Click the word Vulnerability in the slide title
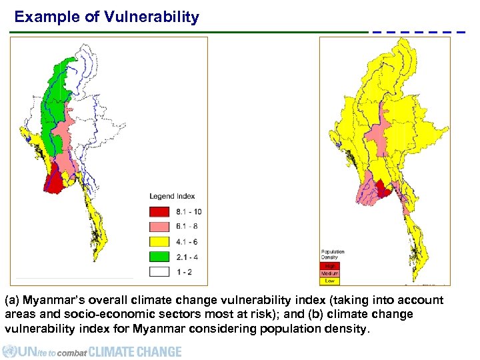pyautogui.click(x=151, y=17)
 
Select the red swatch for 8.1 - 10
pyautogui.click(x=159, y=211)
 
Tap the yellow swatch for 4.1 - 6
pyautogui.click(x=159, y=242)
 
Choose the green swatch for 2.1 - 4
pyautogui.click(x=159, y=257)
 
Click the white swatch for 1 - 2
pyautogui.click(x=159, y=272)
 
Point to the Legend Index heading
pyautogui.click(x=172, y=196)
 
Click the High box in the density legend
pyautogui.click(x=330, y=265)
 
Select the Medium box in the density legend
pyautogui.click(x=330, y=273)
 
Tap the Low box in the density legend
pyautogui.click(x=330, y=281)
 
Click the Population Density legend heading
pyautogui.click(x=333, y=255)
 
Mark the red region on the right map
pyautogui.click(x=383, y=189)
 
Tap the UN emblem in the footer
pyautogui.click(x=9, y=351)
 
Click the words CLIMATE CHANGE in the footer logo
pyautogui.click(x=135, y=351)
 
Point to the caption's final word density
pyautogui.click(x=347, y=328)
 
